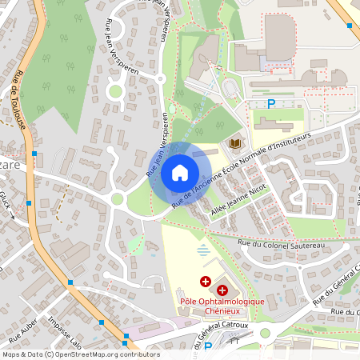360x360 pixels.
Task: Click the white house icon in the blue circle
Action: coord(180,172)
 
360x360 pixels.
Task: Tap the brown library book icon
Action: coord(236,142)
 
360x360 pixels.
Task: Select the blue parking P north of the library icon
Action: coord(271,103)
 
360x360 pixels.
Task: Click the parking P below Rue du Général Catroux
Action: coord(208,347)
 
